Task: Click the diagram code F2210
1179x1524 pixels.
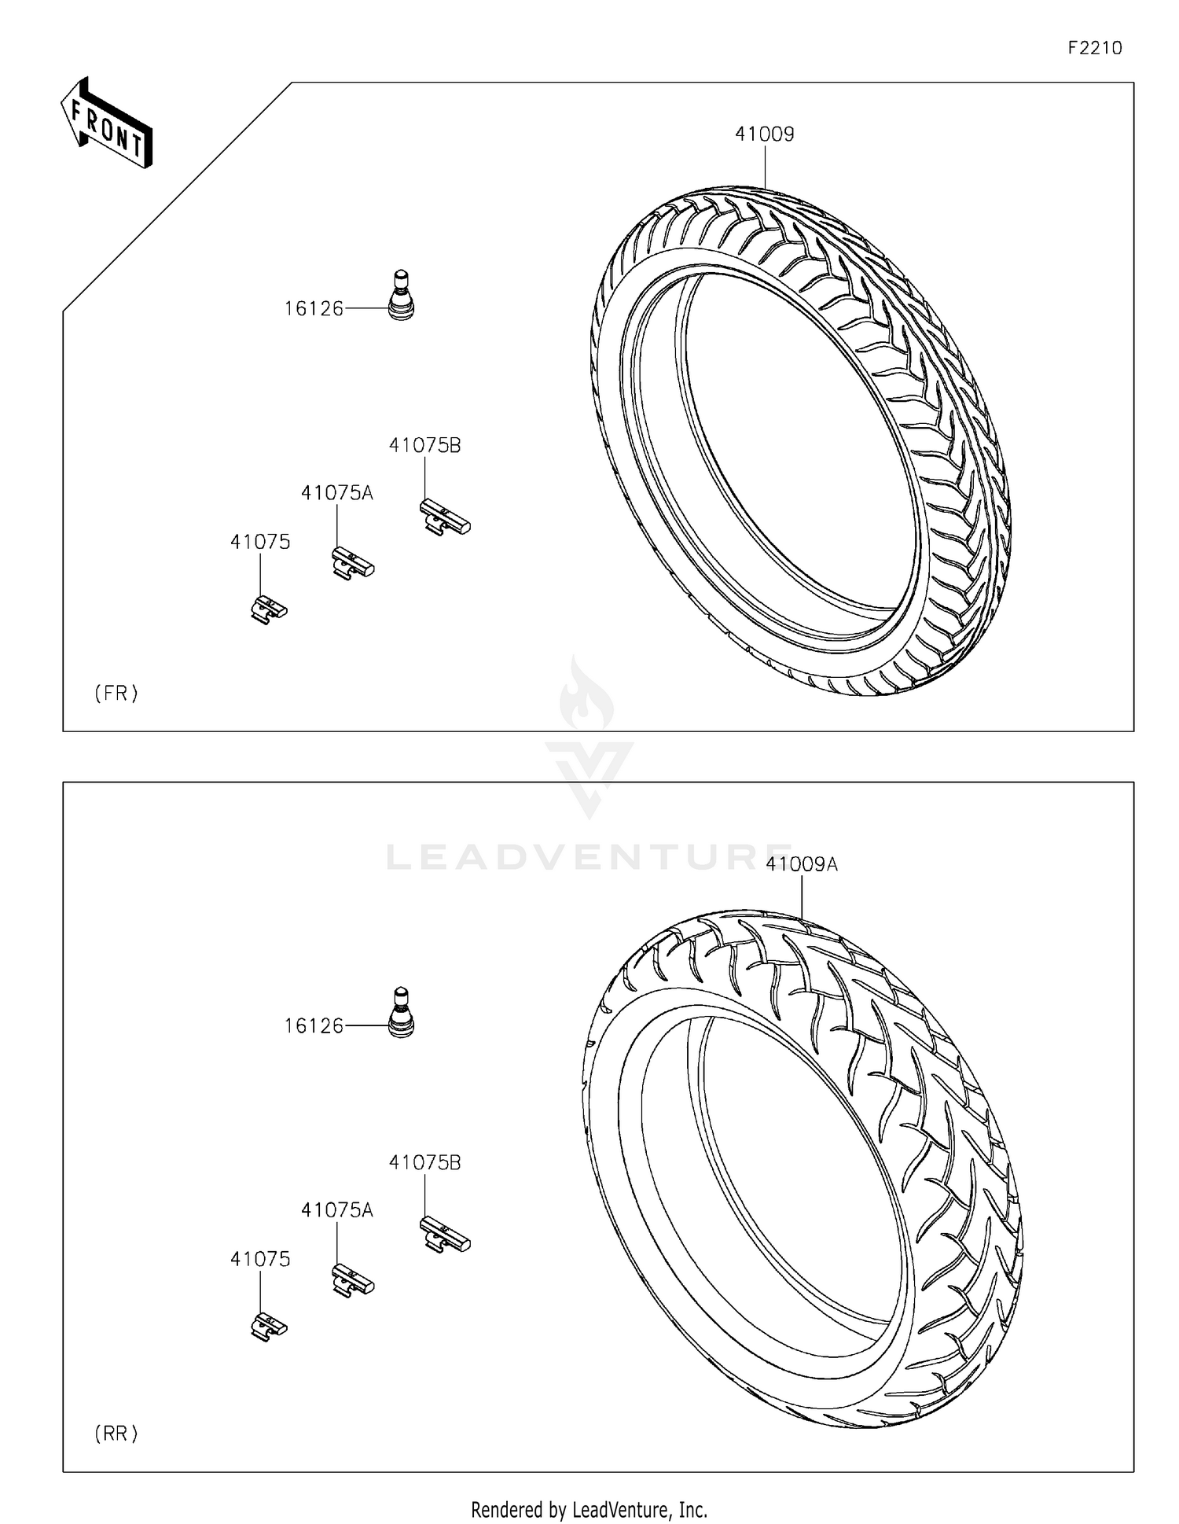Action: pos(1094,48)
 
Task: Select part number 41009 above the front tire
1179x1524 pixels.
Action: pos(764,134)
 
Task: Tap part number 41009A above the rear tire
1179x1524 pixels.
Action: pos(802,864)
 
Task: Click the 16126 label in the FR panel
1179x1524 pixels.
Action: pos(314,309)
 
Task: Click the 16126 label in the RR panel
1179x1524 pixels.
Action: pos(314,1026)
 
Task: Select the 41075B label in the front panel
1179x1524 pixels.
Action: pos(424,445)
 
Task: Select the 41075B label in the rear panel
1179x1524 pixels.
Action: pos(424,1162)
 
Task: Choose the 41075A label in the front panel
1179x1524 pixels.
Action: pos(336,493)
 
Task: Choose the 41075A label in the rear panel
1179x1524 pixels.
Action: pos(336,1210)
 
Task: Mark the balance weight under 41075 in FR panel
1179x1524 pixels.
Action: pos(269,609)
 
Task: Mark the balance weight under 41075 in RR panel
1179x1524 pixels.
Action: pos(269,1327)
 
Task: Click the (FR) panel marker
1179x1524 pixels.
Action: pos(116,693)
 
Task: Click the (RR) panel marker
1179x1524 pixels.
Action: pos(116,1434)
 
